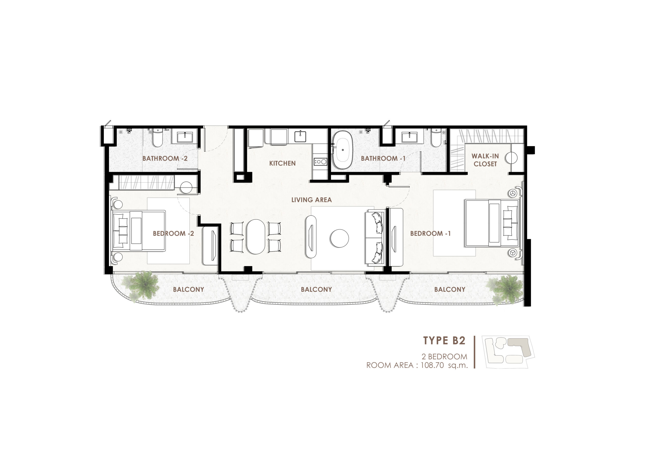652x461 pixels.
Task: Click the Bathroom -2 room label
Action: click(165, 158)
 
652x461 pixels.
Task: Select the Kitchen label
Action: click(282, 163)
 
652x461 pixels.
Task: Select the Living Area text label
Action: click(311, 200)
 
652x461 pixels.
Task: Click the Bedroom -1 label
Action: click(430, 234)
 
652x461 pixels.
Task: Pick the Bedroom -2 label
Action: click(173, 234)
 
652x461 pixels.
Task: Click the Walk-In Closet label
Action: click(485, 160)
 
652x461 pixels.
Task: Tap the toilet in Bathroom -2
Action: click(157, 137)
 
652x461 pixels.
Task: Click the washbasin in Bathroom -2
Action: click(185, 138)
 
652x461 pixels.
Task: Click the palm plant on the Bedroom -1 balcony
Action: click(504, 290)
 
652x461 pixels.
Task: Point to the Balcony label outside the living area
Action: click(316, 289)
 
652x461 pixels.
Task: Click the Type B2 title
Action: click(444, 341)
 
